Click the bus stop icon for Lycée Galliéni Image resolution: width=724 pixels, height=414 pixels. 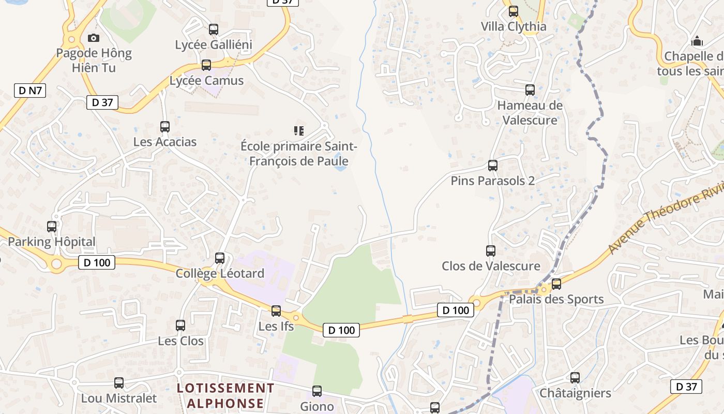[x=213, y=29]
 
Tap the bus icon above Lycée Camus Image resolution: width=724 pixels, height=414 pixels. [x=206, y=65]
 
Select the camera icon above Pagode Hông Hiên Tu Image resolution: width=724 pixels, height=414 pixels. [x=94, y=38]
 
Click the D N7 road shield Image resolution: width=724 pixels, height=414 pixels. [x=30, y=91]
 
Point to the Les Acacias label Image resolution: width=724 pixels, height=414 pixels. [x=165, y=142]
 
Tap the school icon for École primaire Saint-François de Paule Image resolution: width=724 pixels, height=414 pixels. [x=298, y=130]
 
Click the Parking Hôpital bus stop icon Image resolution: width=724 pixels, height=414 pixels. [x=52, y=226]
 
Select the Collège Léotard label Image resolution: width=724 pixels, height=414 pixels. [x=220, y=273]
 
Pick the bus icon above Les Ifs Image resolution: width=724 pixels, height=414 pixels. [x=276, y=310]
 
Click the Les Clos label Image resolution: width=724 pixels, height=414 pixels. [x=180, y=341]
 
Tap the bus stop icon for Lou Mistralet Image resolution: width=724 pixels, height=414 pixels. [x=119, y=383]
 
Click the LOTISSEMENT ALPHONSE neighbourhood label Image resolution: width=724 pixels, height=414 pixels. [x=225, y=395]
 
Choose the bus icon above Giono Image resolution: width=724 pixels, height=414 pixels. [x=317, y=391]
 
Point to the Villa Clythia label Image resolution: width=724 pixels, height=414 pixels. [x=513, y=26]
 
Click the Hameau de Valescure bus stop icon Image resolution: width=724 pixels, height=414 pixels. [x=530, y=90]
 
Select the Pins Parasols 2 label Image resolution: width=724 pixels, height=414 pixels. [x=492, y=181]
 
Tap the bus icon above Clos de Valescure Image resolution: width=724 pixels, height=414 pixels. [x=491, y=251]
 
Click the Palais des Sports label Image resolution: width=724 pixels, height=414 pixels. [x=556, y=299]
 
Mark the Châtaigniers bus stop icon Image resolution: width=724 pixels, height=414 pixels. [x=575, y=378]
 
